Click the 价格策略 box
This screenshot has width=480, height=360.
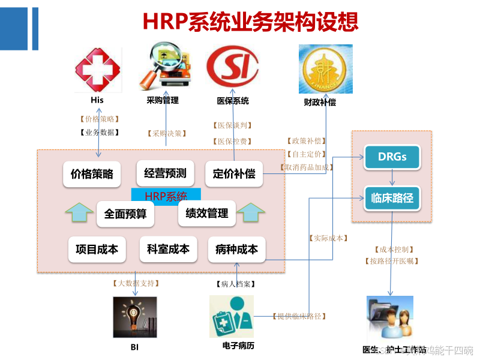(92, 175)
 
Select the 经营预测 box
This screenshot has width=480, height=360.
(165, 173)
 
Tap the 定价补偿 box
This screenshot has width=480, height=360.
(234, 174)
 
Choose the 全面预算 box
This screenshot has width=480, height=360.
(125, 214)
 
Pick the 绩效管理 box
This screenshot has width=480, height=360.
(207, 213)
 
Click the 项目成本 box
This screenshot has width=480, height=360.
(97, 249)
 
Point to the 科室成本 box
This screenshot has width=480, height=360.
(168, 249)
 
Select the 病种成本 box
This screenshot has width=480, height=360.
(236, 249)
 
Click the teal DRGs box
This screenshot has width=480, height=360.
(392, 157)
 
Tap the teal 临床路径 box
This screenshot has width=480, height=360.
(392, 197)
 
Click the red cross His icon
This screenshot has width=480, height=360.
(97, 70)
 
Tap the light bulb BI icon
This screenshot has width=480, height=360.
(134, 317)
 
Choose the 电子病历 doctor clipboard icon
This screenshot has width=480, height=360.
(232, 316)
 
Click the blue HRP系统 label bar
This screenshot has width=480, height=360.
(166, 195)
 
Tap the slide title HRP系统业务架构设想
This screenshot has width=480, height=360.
(251, 21)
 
